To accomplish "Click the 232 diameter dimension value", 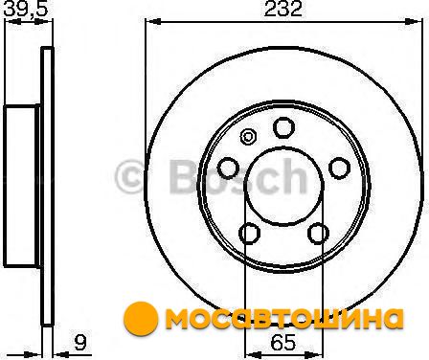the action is [282, 10].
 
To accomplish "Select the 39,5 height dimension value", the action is [26, 9].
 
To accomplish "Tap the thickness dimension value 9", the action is [79, 342].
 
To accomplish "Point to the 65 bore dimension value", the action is [283, 343].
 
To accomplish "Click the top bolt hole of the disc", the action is [283, 127].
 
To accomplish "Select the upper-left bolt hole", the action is [228, 168].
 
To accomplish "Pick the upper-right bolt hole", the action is [339, 168].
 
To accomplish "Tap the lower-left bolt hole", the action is [249, 234].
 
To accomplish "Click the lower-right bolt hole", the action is [318, 234].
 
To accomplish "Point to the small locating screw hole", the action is [248, 137].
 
